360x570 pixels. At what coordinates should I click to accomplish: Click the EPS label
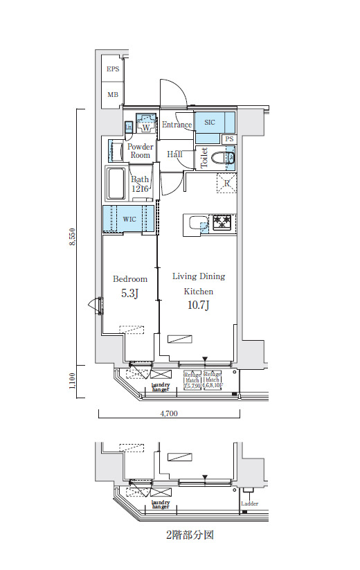(x=112, y=69)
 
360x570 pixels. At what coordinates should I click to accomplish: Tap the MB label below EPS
(x=112, y=94)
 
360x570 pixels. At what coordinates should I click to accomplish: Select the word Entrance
(x=177, y=125)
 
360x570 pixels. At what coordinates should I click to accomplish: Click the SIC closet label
(x=210, y=123)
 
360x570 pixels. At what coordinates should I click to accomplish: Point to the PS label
(x=229, y=139)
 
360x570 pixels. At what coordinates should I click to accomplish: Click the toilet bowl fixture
(x=226, y=159)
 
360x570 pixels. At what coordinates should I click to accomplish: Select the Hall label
(x=174, y=154)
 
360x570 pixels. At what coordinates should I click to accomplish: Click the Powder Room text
(x=140, y=151)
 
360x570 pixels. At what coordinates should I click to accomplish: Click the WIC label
(x=129, y=219)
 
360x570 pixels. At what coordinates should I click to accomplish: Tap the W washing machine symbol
(x=146, y=127)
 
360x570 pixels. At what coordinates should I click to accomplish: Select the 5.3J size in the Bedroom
(x=129, y=294)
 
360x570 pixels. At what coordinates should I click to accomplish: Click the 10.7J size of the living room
(x=198, y=305)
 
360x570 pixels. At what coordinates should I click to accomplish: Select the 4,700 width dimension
(x=169, y=413)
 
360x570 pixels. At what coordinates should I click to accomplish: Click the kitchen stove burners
(x=223, y=222)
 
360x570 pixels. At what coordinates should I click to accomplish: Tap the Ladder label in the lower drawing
(x=250, y=504)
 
